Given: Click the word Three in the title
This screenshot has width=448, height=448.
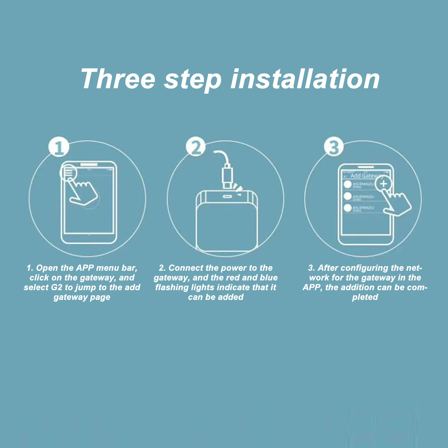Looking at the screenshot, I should [x=118, y=79].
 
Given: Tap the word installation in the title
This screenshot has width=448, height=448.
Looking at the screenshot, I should [x=305, y=79].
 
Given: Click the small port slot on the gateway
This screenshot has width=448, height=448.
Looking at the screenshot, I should [x=227, y=196].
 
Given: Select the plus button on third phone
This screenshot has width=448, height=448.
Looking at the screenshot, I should [x=383, y=184].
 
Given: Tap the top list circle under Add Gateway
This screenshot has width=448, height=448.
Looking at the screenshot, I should [x=348, y=184].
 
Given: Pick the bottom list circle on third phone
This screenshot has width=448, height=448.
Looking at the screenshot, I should [x=348, y=208].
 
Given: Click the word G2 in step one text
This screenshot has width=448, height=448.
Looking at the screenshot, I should [x=57, y=287].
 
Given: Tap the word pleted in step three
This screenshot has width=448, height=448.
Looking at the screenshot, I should [x=365, y=297].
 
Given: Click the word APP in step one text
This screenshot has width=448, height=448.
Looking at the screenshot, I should [x=85, y=268].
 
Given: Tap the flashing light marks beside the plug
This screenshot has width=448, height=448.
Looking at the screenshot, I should [x=238, y=188].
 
